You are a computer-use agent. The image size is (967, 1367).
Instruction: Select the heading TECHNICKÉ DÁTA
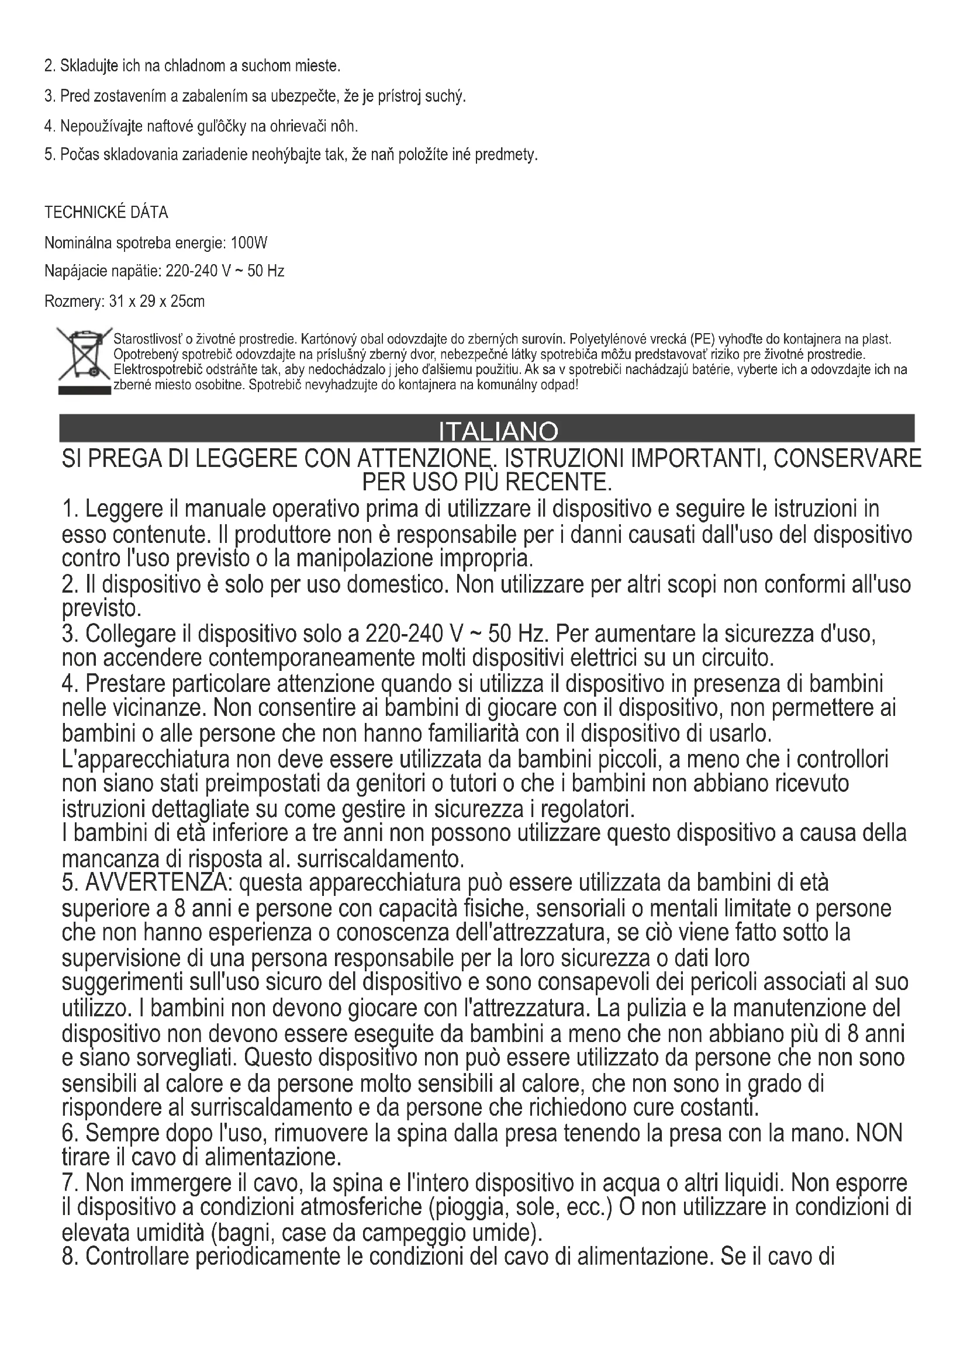[106, 212]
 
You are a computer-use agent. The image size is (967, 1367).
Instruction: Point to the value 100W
[249, 243]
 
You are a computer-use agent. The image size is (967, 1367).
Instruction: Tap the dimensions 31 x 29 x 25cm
[157, 301]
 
